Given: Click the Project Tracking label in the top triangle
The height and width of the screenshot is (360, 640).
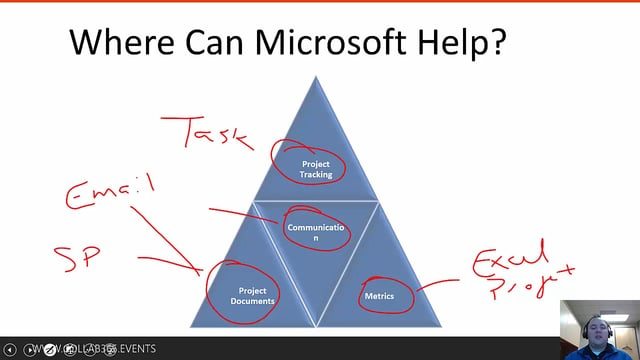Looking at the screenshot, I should pyautogui.click(x=316, y=168).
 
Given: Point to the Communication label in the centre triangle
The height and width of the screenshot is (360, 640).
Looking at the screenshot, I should pyautogui.click(x=316, y=232).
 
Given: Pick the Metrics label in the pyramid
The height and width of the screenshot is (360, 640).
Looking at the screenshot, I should pyautogui.click(x=379, y=296).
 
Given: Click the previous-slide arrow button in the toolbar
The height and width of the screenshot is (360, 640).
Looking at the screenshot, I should pyautogui.click(x=10, y=350).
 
